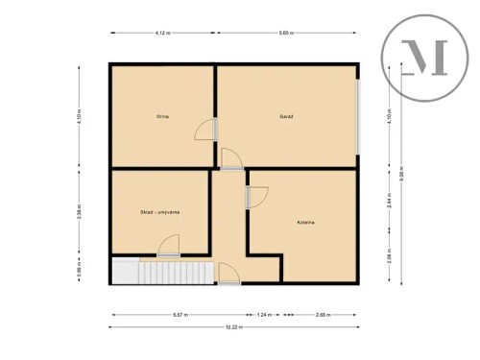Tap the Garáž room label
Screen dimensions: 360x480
coord(286,116)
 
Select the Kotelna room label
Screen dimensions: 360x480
coord(306,222)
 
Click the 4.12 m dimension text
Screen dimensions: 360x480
coord(162,34)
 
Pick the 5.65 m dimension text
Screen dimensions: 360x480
coord(286,34)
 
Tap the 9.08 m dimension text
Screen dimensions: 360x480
coord(415,174)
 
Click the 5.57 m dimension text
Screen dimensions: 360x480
coord(180,315)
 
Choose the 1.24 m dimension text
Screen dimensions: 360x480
coord(265,315)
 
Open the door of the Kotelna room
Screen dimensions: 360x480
coord(257,196)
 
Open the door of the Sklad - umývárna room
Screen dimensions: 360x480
coord(168,244)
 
